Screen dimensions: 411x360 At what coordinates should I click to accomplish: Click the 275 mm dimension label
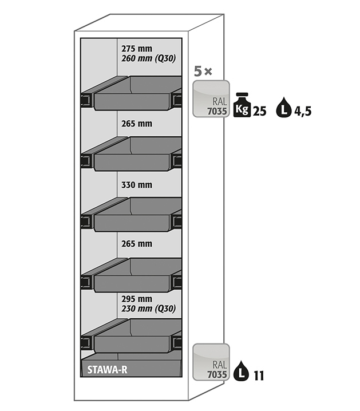point(136,49)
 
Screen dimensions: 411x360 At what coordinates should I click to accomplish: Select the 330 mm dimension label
point(136,184)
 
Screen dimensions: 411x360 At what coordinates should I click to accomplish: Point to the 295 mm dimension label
point(136,299)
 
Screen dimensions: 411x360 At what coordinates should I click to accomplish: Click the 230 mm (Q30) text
point(148,309)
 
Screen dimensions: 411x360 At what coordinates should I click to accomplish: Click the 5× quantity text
point(203,72)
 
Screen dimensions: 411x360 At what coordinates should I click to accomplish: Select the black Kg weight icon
point(242,106)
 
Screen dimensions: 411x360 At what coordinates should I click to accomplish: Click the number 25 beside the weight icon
point(259,111)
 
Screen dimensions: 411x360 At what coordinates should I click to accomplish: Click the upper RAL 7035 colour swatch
point(211,98)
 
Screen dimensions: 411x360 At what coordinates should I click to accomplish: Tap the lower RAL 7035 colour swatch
point(211,362)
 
